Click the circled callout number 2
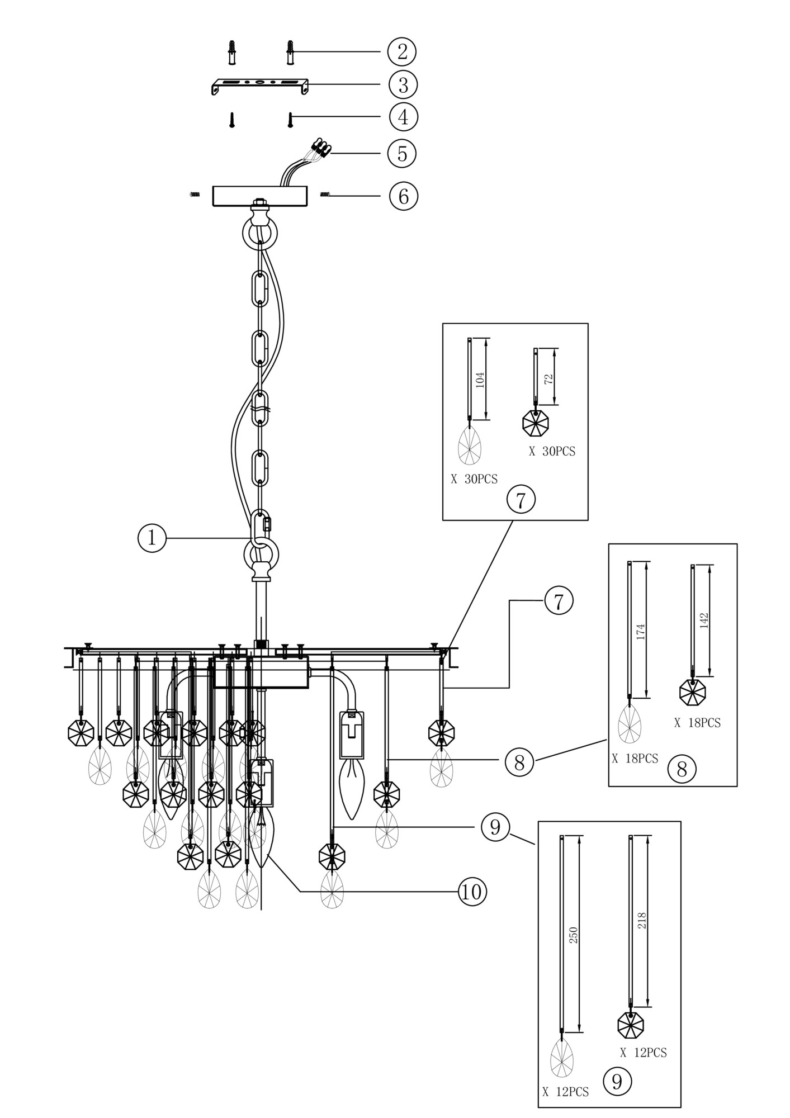click(x=401, y=51)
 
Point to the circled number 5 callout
click(x=402, y=153)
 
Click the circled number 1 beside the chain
click(x=152, y=538)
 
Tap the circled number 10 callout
click(x=472, y=892)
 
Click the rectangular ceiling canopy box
click(x=260, y=196)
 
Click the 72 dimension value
click(x=549, y=378)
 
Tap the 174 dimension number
click(x=641, y=631)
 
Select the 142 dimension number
click(x=703, y=620)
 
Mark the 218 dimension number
click(x=642, y=921)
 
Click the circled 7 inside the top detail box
click(x=521, y=500)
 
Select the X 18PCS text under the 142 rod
click(x=697, y=723)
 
